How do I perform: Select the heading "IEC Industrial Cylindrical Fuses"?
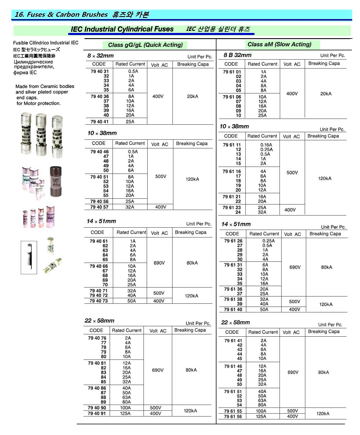click(122, 29)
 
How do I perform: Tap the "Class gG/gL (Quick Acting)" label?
click(145, 45)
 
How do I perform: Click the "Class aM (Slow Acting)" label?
click(279, 44)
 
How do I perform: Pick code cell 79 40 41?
click(100, 122)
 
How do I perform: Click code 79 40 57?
click(99, 207)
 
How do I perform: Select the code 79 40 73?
click(98, 301)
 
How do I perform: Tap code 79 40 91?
click(97, 414)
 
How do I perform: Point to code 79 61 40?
click(233, 309)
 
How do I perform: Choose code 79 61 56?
click(233, 416)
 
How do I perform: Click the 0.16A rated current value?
click(266, 145)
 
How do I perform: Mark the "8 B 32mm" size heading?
click(237, 55)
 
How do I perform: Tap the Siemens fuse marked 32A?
click(26, 133)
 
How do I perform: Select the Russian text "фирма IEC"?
click(25, 73)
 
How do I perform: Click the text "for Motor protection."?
click(38, 103)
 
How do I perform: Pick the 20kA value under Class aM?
click(326, 94)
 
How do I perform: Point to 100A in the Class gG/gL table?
click(125, 408)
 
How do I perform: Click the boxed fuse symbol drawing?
click(29, 257)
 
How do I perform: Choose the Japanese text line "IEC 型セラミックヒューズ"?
click(36, 49)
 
